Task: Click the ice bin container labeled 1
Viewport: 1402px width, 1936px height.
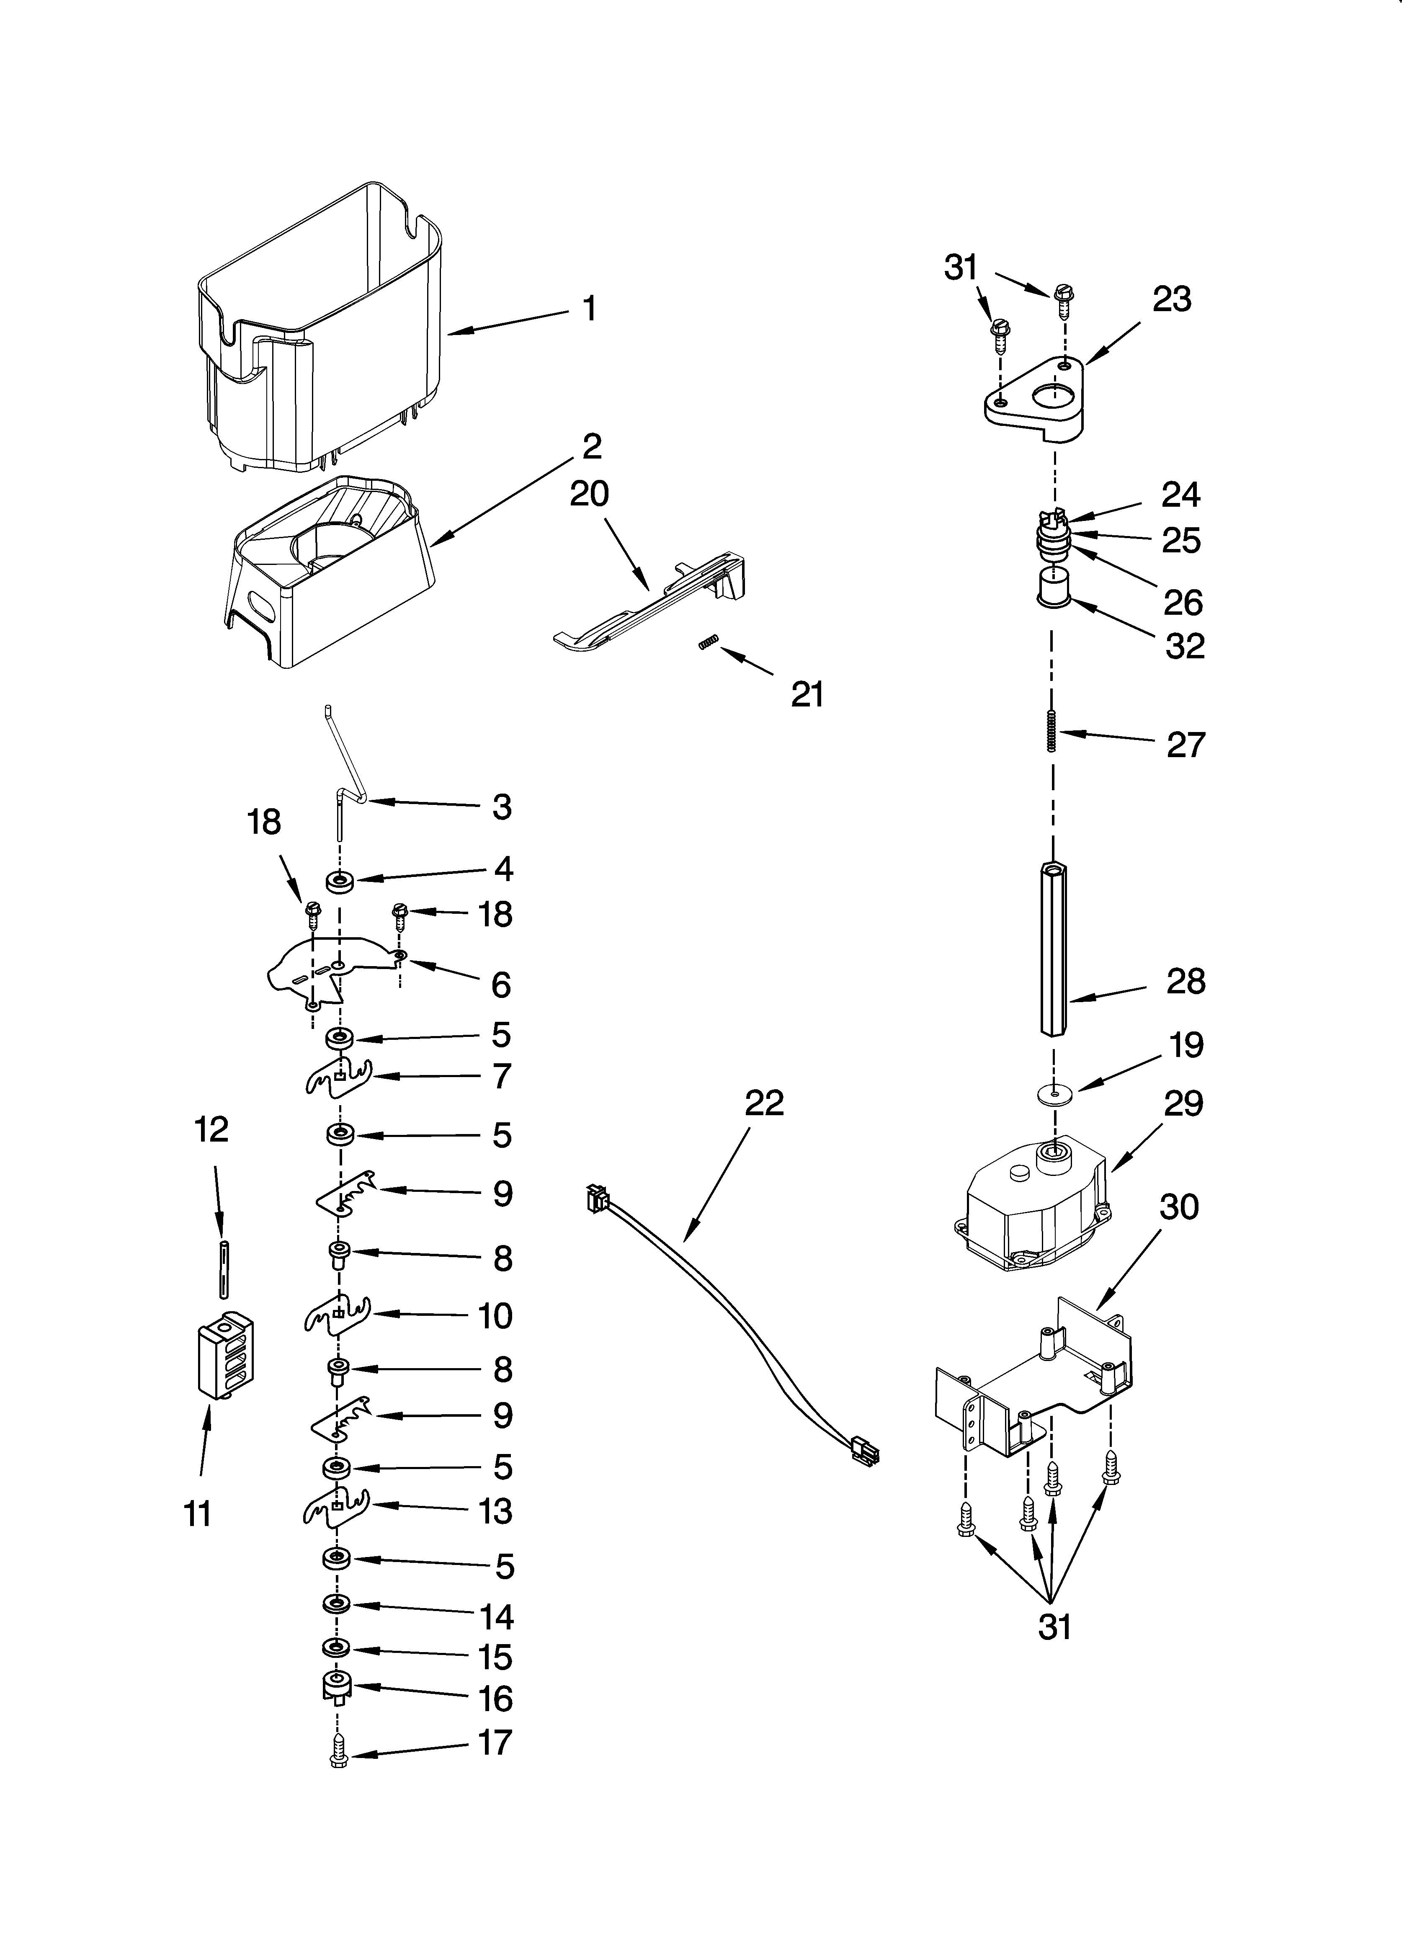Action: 325,341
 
